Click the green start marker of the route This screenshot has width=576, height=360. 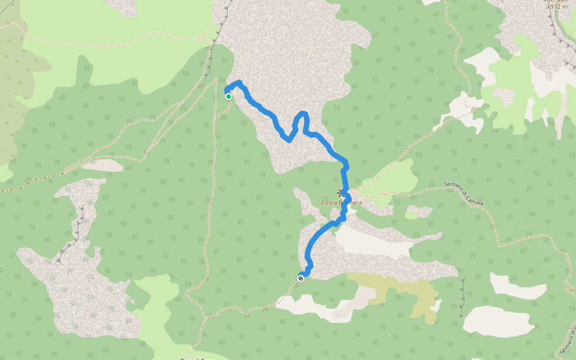click(x=229, y=96)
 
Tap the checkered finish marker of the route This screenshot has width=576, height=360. click(x=301, y=278)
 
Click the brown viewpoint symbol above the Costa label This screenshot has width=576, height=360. click(x=341, y=193)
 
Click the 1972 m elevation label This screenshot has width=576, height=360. click(x=557, y=6)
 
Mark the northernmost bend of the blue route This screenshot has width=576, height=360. click(x=239, y=82)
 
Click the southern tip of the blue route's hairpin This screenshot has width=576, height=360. click(x=289, y=140)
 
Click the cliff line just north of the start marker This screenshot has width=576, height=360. click(x=210, y=60)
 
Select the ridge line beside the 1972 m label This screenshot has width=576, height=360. click(x=555, y=30)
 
